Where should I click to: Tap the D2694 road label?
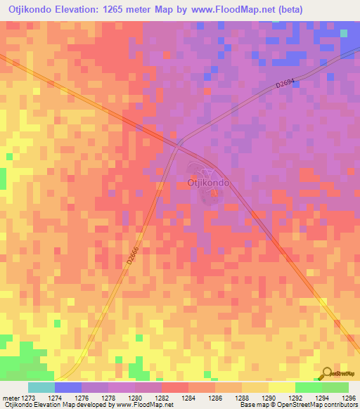click(287, 83)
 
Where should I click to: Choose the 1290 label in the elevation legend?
click(269, 397)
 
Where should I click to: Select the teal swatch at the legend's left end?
click(41, 387)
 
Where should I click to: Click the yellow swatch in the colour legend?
click(281, 387)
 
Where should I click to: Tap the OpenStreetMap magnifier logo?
click(326, 375)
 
